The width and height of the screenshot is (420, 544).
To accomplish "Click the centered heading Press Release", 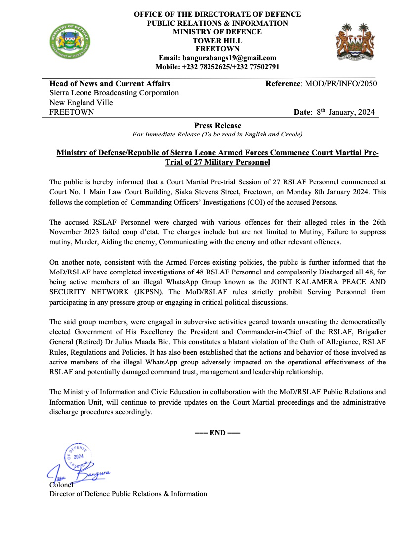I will click(217, 126).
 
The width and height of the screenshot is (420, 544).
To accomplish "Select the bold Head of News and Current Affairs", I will click(110, 84).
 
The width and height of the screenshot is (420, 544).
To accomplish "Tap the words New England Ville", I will click(81, 103).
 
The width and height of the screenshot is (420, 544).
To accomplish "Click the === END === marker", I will click(217, 433).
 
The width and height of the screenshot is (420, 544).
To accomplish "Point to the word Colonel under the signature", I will click(61, 485).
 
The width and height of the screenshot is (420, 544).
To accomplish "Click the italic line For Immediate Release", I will click(217, 135).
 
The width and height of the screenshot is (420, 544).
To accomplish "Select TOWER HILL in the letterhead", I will click(217, 41).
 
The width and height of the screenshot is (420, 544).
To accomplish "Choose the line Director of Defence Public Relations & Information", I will click(128, 494).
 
